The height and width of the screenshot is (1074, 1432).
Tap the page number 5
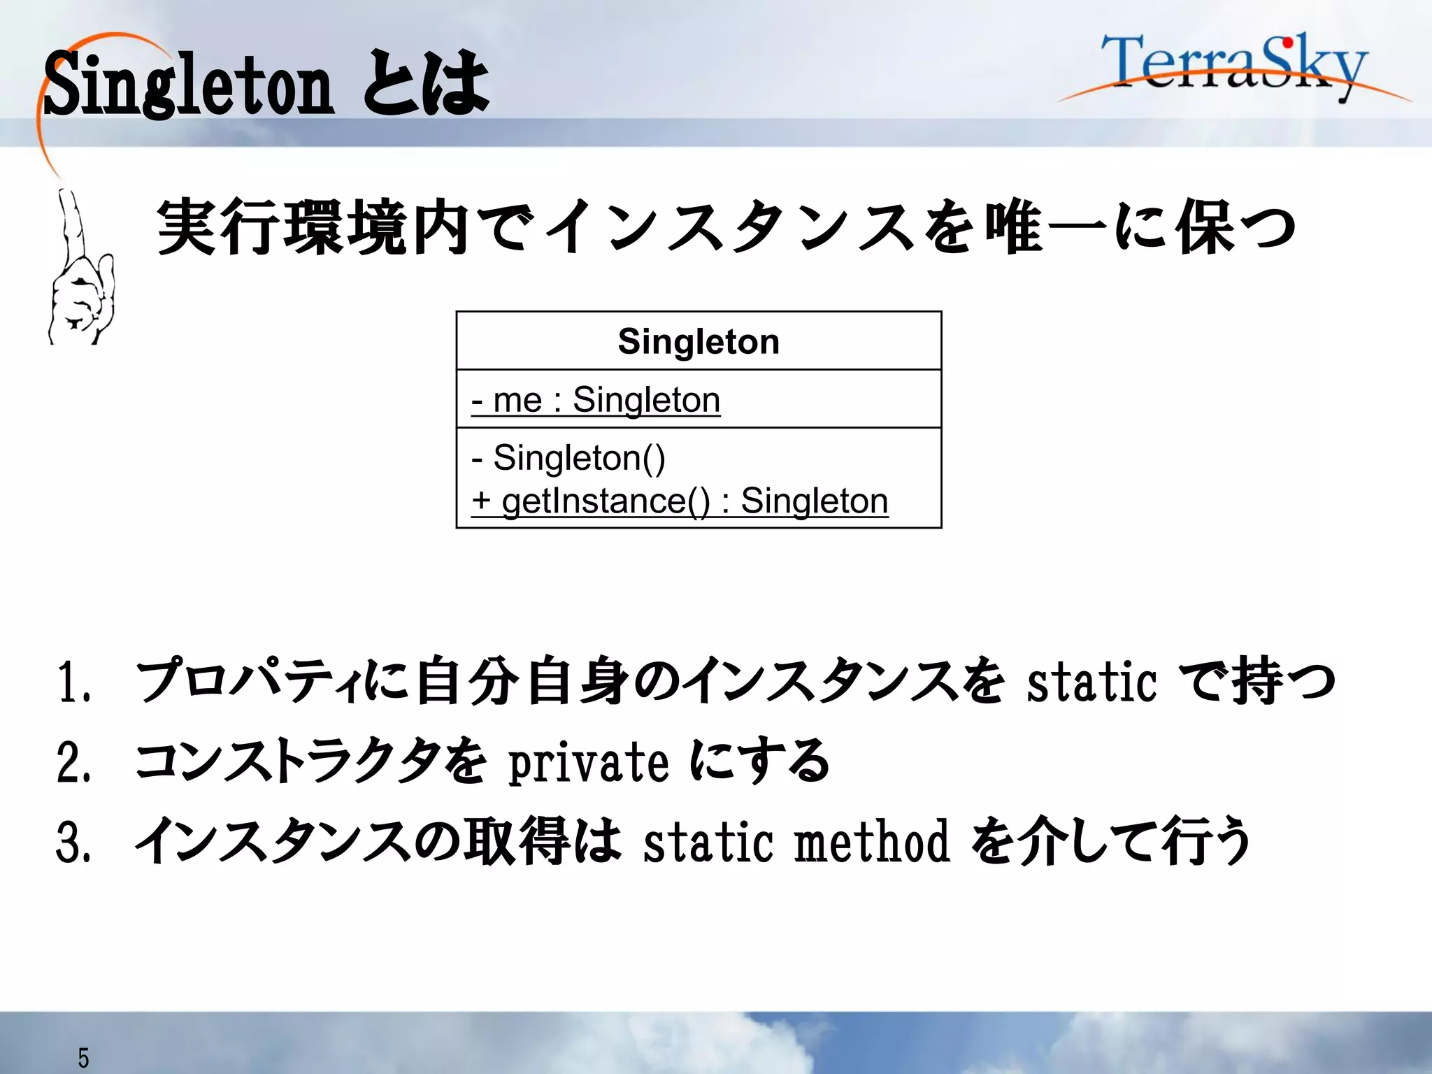point(83,1058)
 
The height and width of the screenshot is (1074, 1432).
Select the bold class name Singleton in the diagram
point(699,342)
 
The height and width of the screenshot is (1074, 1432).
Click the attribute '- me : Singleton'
point(596,401)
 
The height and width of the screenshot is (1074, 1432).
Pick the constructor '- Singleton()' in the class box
point(568,458)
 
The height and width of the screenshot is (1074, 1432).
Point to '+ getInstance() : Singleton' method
point(680,501)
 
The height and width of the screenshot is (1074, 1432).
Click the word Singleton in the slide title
point(189,85)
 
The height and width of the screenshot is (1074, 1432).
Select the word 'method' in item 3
point(872,842)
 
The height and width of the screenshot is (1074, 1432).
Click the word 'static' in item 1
point(1091,682)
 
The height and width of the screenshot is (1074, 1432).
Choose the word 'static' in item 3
point(708,842)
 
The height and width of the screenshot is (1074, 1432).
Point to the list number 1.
point(73,682)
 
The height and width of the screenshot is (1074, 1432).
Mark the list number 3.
point(73,842)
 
